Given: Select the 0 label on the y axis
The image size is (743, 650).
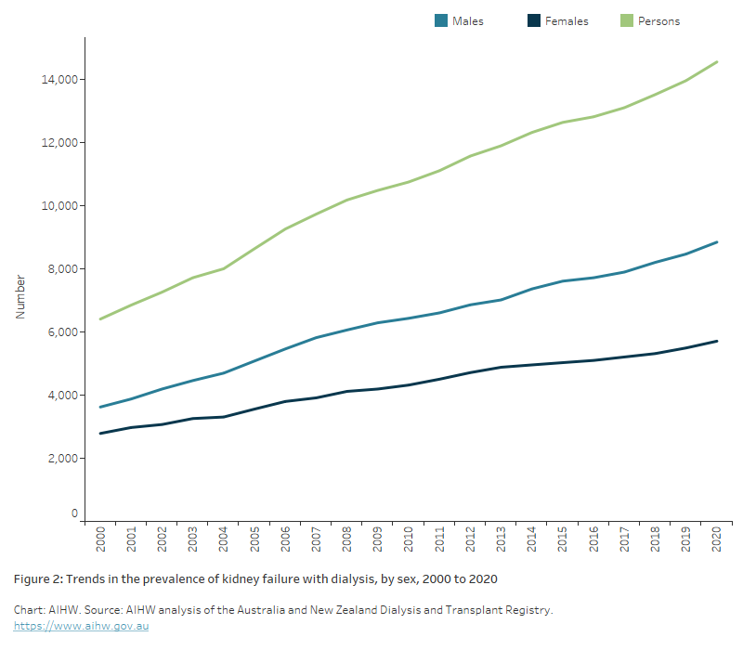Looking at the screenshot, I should click(x=74, y=513).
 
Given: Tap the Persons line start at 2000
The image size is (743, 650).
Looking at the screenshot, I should click(x=100, y=318).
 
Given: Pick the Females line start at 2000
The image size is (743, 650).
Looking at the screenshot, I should click(x=100, y=433).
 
